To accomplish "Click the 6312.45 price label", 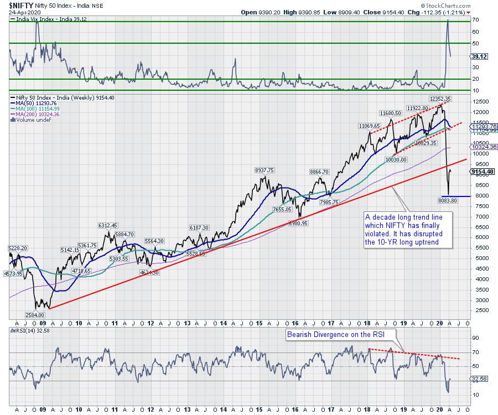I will tap(107, 225).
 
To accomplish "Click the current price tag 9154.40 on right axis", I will tap(482, 172).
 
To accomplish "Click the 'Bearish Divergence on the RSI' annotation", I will tap(326, 335).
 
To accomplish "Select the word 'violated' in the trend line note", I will tap(378, 234).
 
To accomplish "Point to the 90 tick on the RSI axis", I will tap(475, 337).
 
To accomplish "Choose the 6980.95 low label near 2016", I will tap(298, 223).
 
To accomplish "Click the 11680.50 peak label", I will tap(391, 113).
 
